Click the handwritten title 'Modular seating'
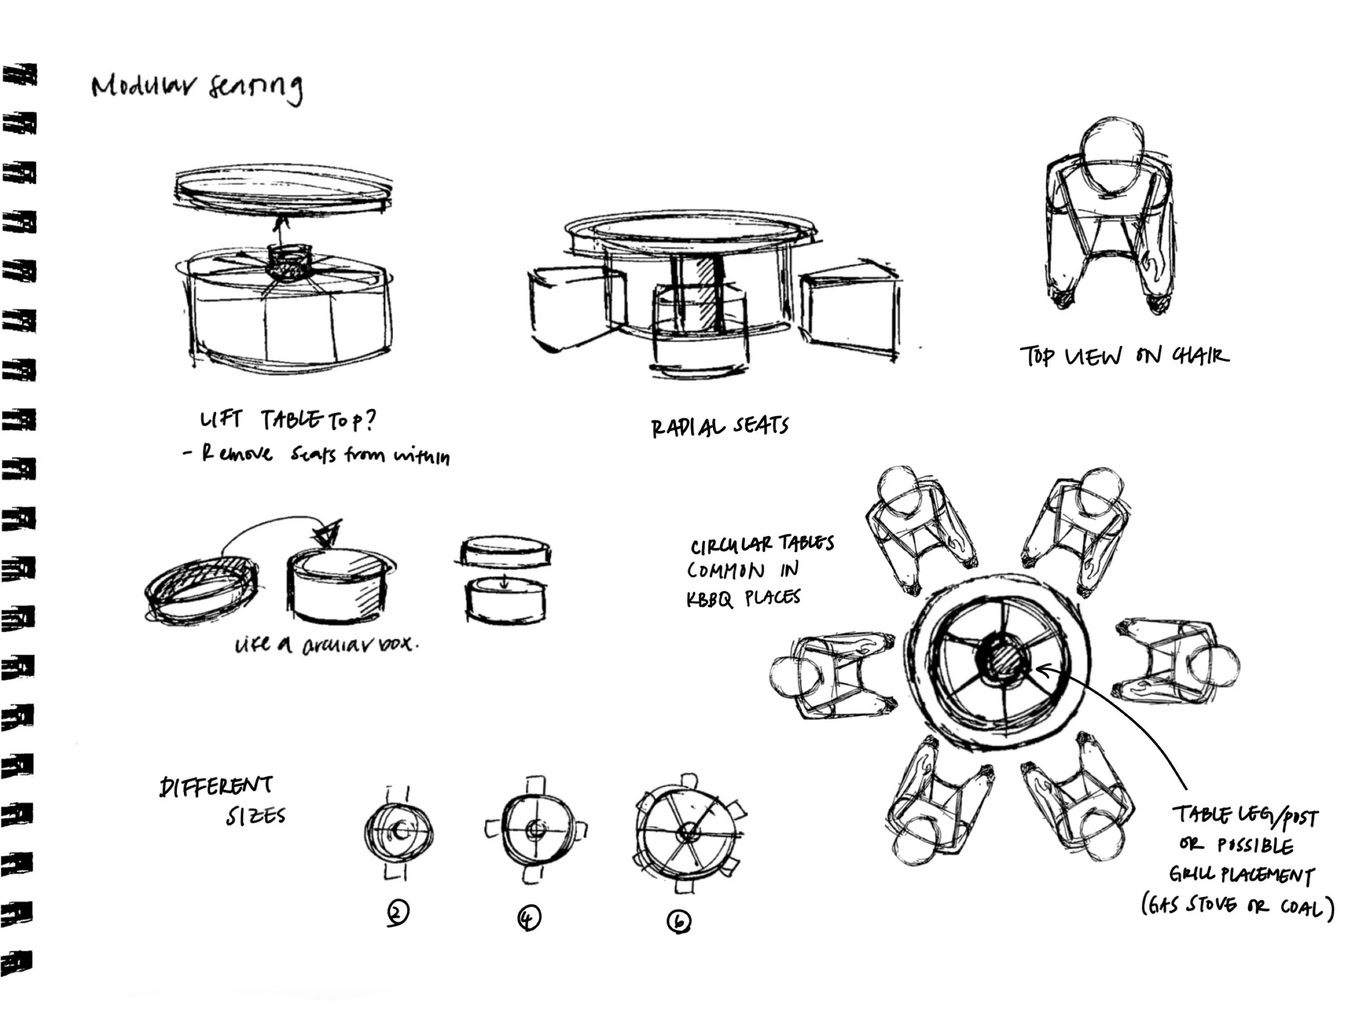196,88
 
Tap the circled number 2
398,913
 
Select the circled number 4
529,918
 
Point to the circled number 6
679,922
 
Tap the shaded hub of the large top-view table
1003,661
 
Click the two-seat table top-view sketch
398,832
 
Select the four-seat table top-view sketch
535,830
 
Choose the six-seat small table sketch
688,832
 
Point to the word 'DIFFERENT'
216,787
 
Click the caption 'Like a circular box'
326,645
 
